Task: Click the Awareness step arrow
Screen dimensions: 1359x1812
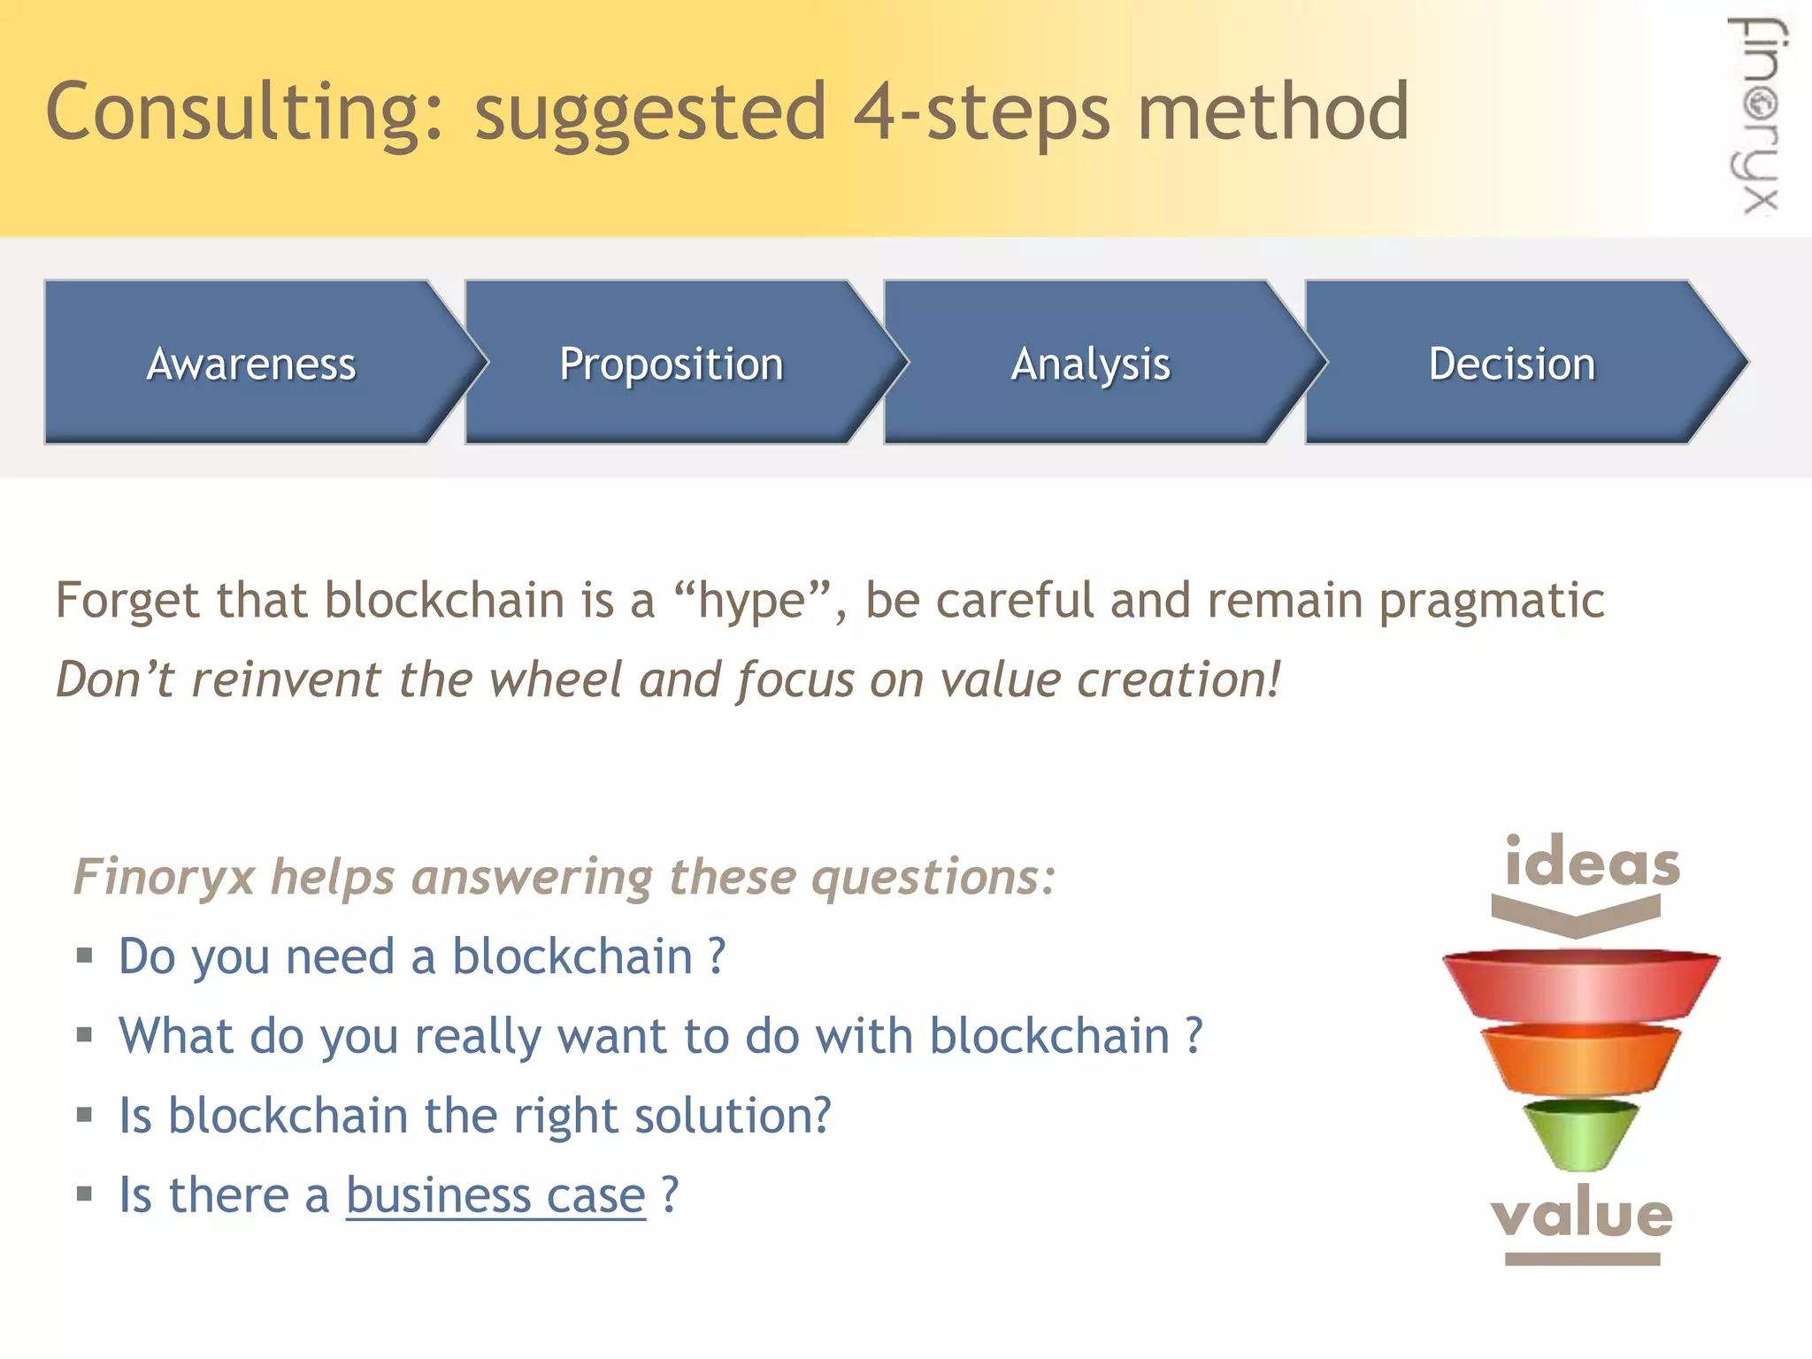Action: click(x=252, y=364)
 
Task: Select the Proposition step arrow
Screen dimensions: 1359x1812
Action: click(x=672, y=364)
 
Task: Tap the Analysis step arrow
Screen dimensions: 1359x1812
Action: click(x=1090, y=364)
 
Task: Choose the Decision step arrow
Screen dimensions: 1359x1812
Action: click(x=1511, y=364)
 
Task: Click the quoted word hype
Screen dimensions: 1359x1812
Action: click(x=752, y=602)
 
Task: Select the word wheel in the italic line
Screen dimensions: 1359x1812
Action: click(x=556, y=679)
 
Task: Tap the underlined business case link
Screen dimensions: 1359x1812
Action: click(x=495, y=1195)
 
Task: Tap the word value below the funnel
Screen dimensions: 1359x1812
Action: click(x=1582, y=1213)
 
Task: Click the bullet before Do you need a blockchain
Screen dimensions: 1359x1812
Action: click(x=85, y=955)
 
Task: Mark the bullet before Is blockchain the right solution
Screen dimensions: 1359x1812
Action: click(x=85, y=1114)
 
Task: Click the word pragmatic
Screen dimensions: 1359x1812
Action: click(x=1491, y=602)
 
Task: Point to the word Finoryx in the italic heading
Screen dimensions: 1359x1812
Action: click(x=164, y=877)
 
